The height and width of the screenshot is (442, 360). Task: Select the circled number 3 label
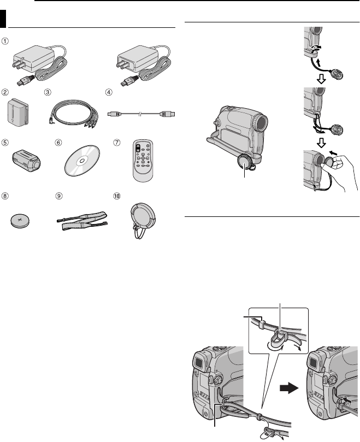click(48, 92)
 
